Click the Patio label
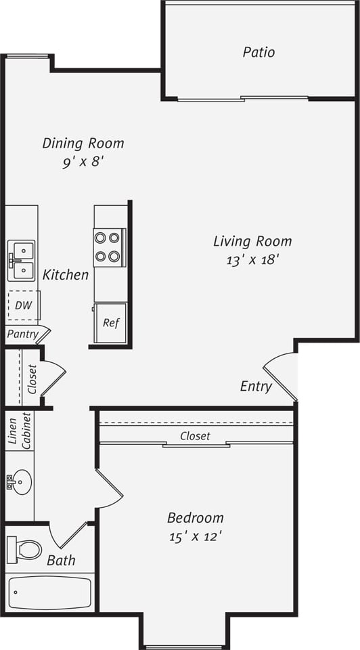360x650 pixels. [x=258, y=52]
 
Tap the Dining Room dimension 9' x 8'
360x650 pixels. [x=83, y=162]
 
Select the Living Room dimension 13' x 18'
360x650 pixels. [x=252, y=260]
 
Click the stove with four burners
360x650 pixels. [x=108, y=247]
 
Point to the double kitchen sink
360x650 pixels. [x=21, y=261]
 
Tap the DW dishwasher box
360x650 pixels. [x=24, y=305]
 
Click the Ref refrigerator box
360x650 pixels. [x=110, y=323]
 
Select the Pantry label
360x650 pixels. [x=22, y=334]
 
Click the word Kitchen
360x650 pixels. [x=66, y=275]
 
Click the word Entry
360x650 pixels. [x=256, y=387]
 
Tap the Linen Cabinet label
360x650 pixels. [x=18, y=431]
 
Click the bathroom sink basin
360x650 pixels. [x=21, y=483]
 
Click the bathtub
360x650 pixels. [x=49, y=593]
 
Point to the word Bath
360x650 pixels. [x=61, y=561]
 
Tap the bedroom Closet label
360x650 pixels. [x=195, y=437]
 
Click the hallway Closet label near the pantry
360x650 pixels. [x=32, y=379]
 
